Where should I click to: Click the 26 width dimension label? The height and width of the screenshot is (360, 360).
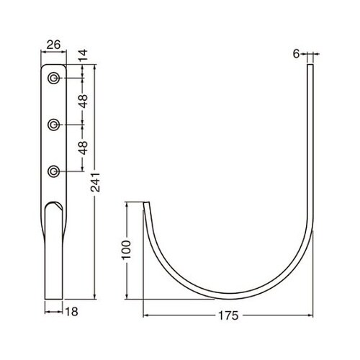[53, 45]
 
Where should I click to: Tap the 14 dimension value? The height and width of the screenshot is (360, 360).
[83, 55]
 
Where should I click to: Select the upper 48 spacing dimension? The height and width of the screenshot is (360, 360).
[83, 101]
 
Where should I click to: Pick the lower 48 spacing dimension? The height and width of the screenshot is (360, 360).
[83, 148]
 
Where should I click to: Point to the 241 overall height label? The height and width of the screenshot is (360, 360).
[95, 182]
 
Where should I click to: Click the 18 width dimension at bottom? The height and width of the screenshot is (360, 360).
[71, 312]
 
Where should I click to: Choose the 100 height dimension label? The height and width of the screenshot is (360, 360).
[126, 250]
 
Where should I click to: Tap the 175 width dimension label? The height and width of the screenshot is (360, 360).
[228, 315]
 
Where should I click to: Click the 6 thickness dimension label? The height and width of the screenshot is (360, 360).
[296, 54]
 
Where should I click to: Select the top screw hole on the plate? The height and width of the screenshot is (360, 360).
[53, 78]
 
